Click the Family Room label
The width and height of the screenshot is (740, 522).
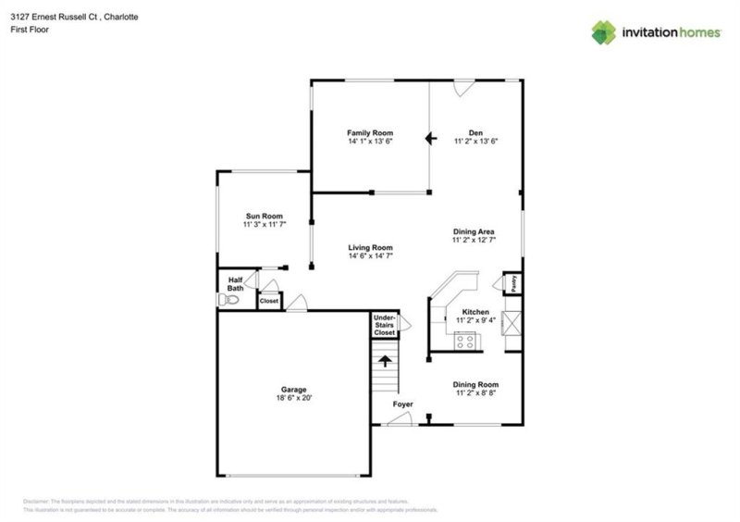click(x=370, y=132)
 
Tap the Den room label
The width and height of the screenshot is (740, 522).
click(x=476, y=132)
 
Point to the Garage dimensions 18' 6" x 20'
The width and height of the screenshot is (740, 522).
click(x=294, y=399)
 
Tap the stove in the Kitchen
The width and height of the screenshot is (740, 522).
click(x=465, y=341)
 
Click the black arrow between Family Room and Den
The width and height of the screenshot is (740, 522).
click(x=429, y=139)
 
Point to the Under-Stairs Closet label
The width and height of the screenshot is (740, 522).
click(x=384, y=325)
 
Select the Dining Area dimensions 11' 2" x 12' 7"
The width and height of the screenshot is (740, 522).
click(x=475, y=240)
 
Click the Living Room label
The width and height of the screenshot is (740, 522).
click(x=370, y=247)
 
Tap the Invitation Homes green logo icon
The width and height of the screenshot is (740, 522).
click(x=604, y=32)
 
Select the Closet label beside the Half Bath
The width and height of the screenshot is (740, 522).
click(x=268, y=301)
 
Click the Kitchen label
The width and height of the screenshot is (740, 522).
click(x=475, y=313)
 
